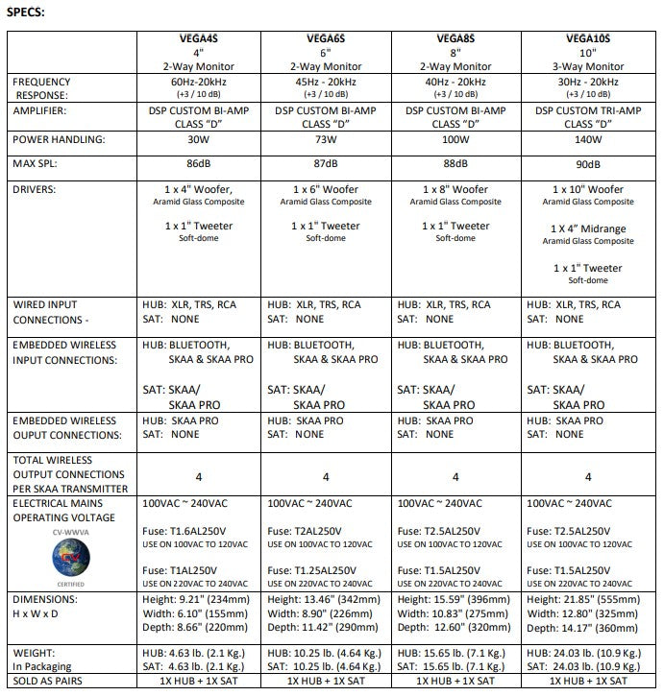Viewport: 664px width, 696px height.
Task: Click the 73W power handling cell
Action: (326, 140)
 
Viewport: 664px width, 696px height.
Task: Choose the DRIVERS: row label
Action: (37, 189)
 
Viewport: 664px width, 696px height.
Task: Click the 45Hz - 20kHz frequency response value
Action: (326, 83)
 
